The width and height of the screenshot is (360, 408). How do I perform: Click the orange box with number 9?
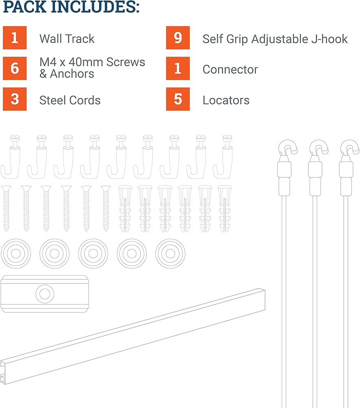[178, 38]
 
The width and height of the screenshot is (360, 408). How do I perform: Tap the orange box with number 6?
[15, 68]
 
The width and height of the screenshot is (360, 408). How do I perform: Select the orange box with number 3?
[15, 99]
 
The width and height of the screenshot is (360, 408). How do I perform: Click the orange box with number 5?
[178, 99]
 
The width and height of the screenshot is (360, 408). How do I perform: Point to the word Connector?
[230, 69]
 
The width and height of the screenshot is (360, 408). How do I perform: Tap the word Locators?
[226, 100]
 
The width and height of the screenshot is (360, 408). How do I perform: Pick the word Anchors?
[72, 73]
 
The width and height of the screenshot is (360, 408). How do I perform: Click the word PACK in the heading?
[25, 7]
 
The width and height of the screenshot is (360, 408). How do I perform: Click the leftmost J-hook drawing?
[11, 157]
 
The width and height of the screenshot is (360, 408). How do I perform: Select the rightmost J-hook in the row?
[223, 157]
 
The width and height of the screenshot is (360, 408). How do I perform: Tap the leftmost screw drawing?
[6, 208]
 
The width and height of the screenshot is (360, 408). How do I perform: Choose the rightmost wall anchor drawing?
[224, 208]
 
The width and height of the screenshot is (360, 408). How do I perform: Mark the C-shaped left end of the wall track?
[3, 373]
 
